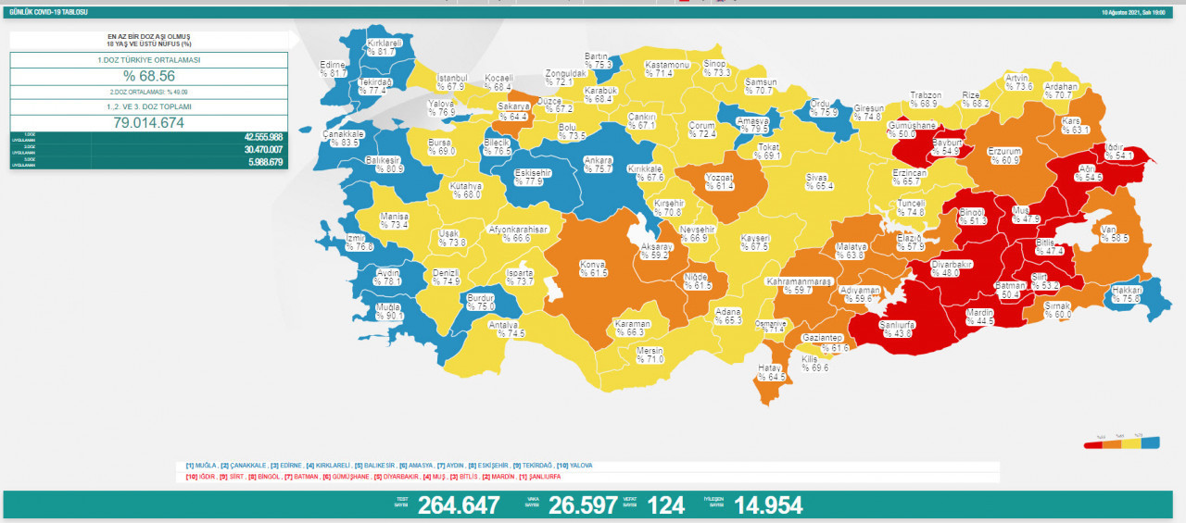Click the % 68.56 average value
coord(148,76)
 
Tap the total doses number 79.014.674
coord(148,122)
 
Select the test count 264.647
coord(459,505)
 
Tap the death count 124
coord(666,505)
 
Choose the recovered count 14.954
coord(768,505)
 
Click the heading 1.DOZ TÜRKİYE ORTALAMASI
coord(148,59)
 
